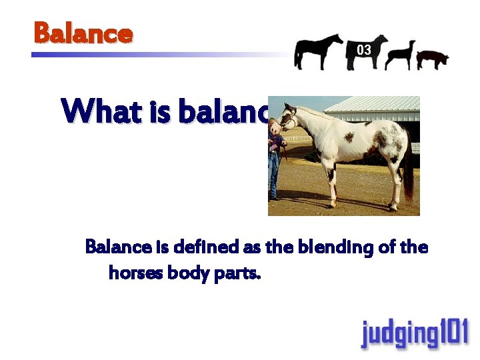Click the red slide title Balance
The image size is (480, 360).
coord(83,33)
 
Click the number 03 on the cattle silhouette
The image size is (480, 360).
coord(364,50)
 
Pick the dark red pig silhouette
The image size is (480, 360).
coord(432,59)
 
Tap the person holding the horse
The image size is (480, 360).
coord(274,160)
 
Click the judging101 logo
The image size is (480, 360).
coord(414,334)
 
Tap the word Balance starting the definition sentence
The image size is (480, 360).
coord(118,248)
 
